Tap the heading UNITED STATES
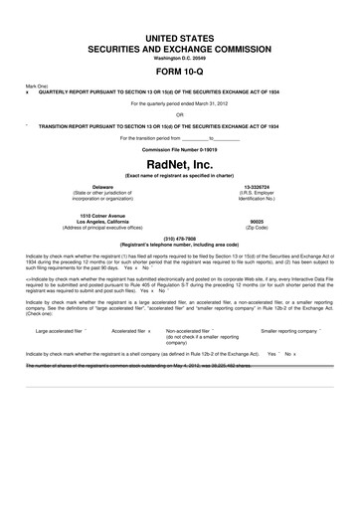click(179, 36)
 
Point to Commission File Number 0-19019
click(179, 148)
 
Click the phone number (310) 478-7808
click(179, 237)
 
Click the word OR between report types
click(179, 112)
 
